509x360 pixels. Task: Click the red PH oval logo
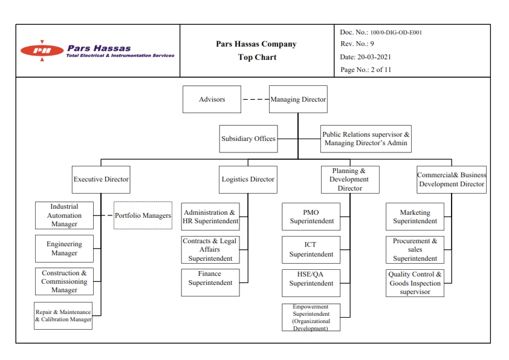pyautogui.click(x=42, y=50)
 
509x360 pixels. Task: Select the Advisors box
pyautogui.click(x=212, y=99)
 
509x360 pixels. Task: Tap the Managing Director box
pyautogui.click(x=298, y=99)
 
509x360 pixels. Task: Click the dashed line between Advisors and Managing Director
pyautogui.click(x=255, y=99)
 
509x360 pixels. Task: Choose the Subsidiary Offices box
pyautogui.click(x=248, y=139)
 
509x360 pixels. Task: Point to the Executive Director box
pyautogui.click(x=101, y=180)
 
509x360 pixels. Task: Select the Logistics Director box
pyautogui.click(x=248, y=180)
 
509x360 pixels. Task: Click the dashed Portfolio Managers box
pyautogui.click(x=143, y=215)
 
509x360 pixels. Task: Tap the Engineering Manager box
pyautogui.click(x=64, y=249)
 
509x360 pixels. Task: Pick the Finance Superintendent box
pyautogui.click(x=210, y=283)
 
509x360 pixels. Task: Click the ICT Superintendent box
pyautogui.click(x=311, y=249)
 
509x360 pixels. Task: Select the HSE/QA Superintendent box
pyautogui.click(x=311, y=283)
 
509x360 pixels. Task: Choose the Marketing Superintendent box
pyautogui.click(x=415, y=217)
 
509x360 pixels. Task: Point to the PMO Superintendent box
pyautogui.click(x=311, y=217)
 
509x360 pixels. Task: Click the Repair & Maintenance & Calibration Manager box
pyautogui.click(x=63, y=316)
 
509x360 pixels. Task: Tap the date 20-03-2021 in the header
pyautogui.click(x=374, y=57)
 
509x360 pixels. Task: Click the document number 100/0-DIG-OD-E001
pyautogui.click(x=396, y=33)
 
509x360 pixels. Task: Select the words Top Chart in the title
pyautogui.click(x=257, y=57)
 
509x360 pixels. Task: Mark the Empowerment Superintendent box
pyautogui.click(x=311, y=318)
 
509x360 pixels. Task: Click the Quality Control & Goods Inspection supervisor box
pyautogui.click(x=415, y=283)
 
